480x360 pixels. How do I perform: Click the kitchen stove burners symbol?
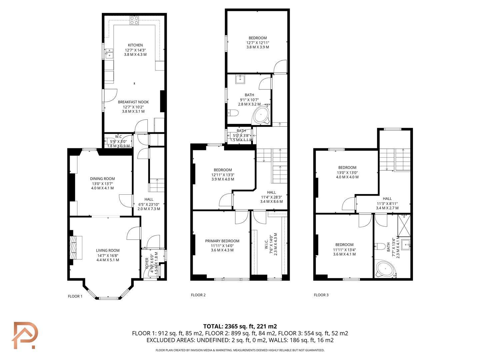(x=134, y=20)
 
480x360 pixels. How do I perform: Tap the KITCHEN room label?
(x=135, y=45)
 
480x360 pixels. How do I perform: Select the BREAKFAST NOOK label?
(x=133, y=102)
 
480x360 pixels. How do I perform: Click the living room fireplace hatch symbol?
(x=73, y=247)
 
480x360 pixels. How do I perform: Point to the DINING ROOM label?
(x=102, y=179)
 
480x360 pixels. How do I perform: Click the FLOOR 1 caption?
(x=75, y=296)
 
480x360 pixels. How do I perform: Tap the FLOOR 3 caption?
(x=321, y=295)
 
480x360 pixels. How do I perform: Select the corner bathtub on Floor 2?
(x=261, y=115)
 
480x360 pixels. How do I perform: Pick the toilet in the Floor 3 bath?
(x=380, y=246)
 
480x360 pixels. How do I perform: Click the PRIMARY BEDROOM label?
(x=222, y=241)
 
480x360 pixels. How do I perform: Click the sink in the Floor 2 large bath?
(x=240, y=79)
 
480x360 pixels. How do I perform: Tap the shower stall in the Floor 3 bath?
(x=404, y=225)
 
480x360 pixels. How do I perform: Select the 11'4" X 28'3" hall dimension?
(x=271, y=197)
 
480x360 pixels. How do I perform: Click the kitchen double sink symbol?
(x=109, y=54)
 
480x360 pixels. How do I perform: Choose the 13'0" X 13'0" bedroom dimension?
(x=347, y=172)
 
